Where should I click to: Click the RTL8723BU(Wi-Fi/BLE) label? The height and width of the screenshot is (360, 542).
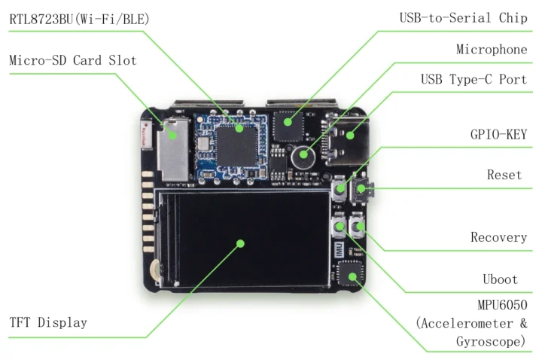[79, 20]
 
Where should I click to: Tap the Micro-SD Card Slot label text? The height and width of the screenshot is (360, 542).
[73, 60]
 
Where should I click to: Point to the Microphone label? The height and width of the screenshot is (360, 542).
[492, 50]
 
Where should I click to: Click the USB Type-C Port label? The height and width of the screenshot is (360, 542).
[473, 80]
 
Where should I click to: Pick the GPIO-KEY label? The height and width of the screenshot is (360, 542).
[498, 135]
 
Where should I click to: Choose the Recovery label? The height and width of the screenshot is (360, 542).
[498, 237]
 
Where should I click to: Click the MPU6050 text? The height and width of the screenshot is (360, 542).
[501, 306]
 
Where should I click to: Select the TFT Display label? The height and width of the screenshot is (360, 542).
[48, 322]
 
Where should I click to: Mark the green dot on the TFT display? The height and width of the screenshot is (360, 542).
[240, 243]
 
